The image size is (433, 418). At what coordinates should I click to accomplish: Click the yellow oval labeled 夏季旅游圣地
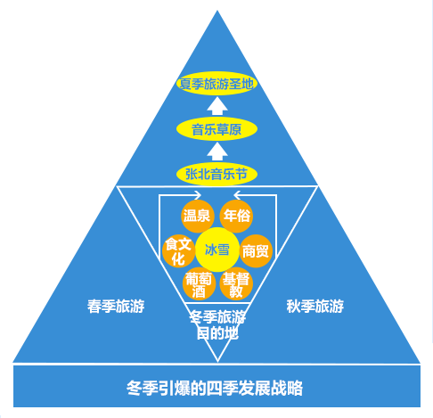click(x=216, y=84)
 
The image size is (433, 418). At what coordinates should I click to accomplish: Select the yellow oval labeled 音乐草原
click(x=216, y=129)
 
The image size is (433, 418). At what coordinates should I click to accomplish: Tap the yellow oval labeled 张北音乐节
click(x=216, y=174)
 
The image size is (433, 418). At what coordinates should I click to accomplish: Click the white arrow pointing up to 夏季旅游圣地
click(x=217, y=106)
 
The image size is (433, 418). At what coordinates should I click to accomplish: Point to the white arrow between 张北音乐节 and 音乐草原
click(x=217, y=152)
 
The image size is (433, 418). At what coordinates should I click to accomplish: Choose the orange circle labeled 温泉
click(x=198, y=216)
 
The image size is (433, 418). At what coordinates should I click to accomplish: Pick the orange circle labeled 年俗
click(x=236, y=216)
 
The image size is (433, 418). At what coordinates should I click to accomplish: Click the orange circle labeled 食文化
click(x=178, y=251)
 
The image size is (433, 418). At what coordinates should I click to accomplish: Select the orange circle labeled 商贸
click(x=256, y=251)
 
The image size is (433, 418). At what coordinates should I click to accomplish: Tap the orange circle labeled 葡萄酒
click(x=199, y=284)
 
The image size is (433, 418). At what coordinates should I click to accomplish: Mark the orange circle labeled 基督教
click(x=236, y=284)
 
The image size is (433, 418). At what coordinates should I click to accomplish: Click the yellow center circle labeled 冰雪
click(x=217, y=250)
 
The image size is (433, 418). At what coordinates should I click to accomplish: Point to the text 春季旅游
click(x=116, y=306)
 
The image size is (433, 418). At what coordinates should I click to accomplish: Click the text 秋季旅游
click(x=315, y=306)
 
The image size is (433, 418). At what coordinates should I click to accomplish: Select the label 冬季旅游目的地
click(x=217, y=324)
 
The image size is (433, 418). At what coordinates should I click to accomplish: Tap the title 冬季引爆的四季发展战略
click(x=215, y=388)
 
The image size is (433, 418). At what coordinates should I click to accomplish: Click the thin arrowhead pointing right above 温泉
click(x=198, y=195)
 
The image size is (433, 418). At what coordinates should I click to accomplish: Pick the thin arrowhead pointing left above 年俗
click(x=237, y=195)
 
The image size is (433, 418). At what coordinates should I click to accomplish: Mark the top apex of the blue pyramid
click(x=217, y=11)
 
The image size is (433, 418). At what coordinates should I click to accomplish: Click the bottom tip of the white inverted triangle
click(x=217, y=362)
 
